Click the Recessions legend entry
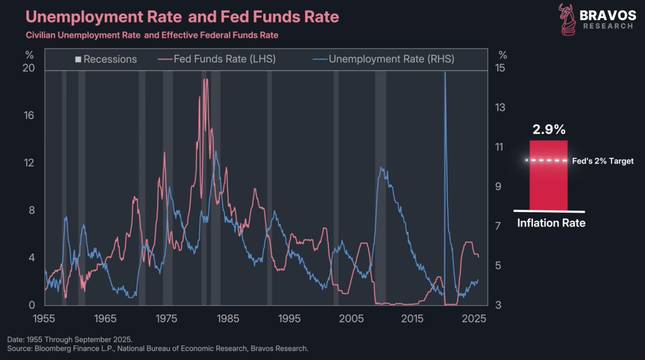click(106, 60)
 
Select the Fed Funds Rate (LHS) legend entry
click(218, 60)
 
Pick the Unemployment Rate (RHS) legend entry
click(385, 60)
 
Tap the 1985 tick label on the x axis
click(228, 318)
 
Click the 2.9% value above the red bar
click(549, 130)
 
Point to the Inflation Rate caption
click(551, 223)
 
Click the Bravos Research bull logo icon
click(567, 20)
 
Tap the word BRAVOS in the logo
click(607, 15)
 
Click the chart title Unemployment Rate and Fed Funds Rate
click(182, 17)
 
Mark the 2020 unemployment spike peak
click(445, 72)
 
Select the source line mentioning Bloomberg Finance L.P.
click(158, 349)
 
